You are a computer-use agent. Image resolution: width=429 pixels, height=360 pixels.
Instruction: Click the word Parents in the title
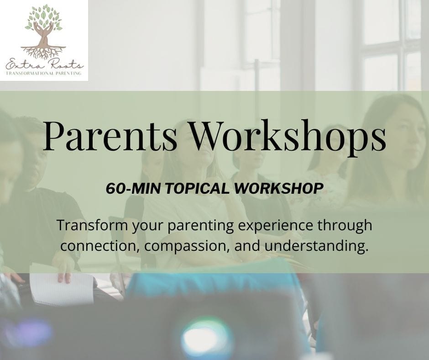pos(110,136)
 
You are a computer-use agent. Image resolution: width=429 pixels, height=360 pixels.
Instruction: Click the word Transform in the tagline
pos(92,225)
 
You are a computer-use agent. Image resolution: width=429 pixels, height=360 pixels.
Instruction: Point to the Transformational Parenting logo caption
pos(44,73)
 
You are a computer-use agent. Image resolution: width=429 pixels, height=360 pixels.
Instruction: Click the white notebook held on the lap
pos(62,286)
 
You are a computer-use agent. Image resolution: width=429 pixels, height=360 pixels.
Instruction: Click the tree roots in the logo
pos(43,52)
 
